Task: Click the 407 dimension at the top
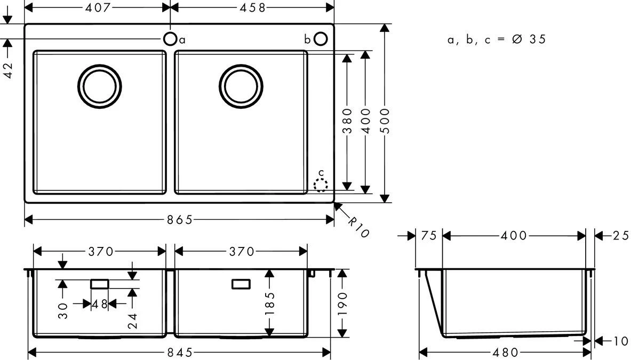coord(98,7)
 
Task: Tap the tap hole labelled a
coord(170,39)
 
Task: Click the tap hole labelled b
coord(321,39)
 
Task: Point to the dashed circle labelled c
coord(320,185)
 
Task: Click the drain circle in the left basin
coord(99,86)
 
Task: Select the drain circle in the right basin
coord(241,86)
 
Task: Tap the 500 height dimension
coord(385,121)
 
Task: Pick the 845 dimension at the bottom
coord(179,353)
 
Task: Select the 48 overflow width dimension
coord(100,304)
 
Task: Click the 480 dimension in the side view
coord(505,353)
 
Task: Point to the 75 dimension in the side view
coord(429,236)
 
